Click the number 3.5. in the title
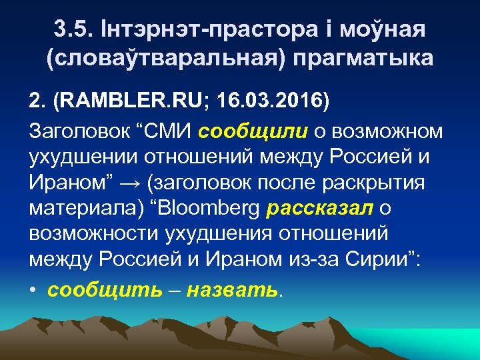pos(75,30)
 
